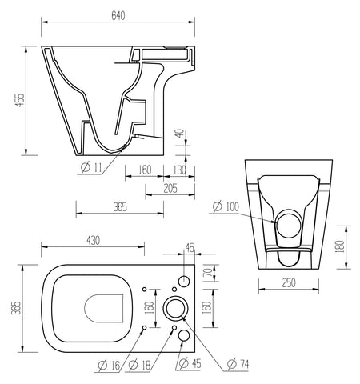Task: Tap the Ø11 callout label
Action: pyautogui.click(x=91, y=168)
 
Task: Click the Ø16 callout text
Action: pyautogui.click(x=109, y=366)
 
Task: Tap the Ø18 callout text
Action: pyautogui.click(x=141, y=366)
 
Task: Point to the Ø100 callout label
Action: pyautogui.click(x=226, y=207)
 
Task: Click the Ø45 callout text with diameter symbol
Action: pyautogui.click(x=189, y=366)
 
